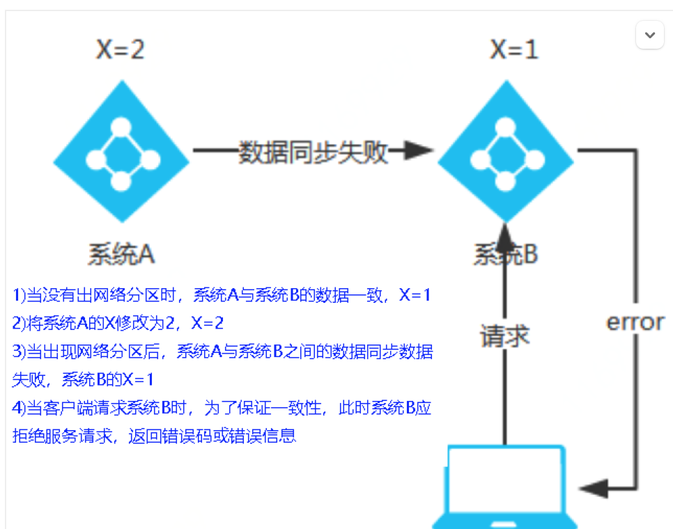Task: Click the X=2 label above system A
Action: coord(120,50)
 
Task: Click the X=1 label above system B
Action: coord(514,50)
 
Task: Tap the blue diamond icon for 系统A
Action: coord(121,151)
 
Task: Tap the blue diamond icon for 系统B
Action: coord(505,151)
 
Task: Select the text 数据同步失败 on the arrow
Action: coord(313,151)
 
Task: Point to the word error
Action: coord(635,322)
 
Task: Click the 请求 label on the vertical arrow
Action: coord(505,336)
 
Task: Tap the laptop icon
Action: coord(505,487)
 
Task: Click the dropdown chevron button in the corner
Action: coord(650,35)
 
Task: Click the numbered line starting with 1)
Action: coord(222,295)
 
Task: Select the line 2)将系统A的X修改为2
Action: coord(118,323)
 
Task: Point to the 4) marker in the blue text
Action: coord(19,408)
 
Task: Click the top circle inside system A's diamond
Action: coord(121,127)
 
